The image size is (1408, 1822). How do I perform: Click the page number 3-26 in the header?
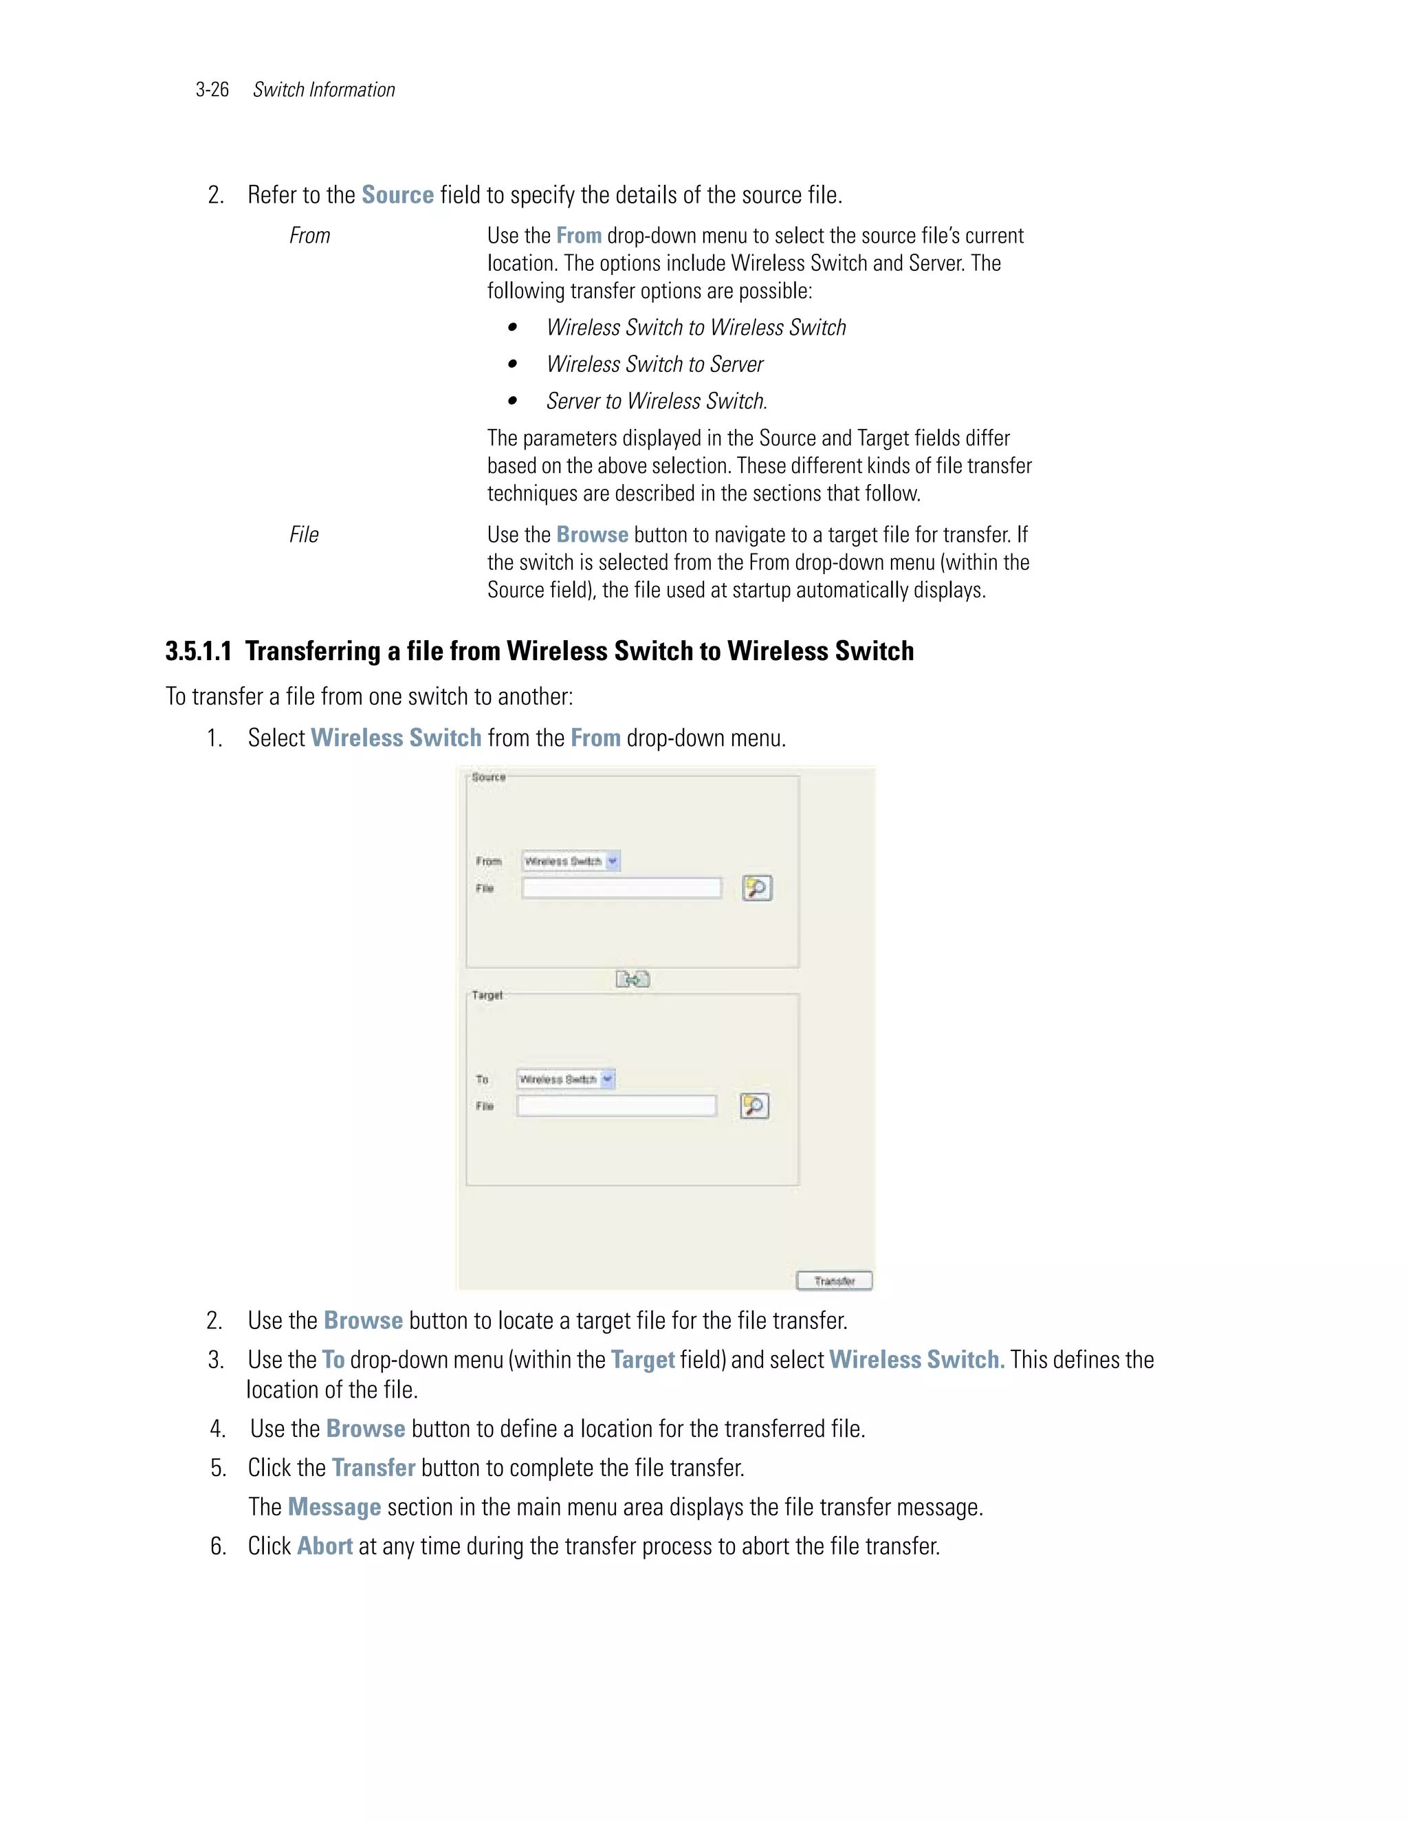tap(212, 90)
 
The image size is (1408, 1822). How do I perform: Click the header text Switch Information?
tap(324, 90)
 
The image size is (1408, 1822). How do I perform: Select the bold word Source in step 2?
tap(397, 195)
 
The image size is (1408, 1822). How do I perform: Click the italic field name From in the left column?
tap(309, 236)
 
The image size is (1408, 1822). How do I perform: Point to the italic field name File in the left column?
tap(304, 535)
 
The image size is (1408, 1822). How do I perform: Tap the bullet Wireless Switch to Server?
tap(654, 364)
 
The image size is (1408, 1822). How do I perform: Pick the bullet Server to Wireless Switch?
tap(656, 402)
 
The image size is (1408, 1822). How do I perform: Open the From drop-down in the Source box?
tap(571, 861)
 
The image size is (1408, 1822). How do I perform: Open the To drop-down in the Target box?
tap(566, 1079)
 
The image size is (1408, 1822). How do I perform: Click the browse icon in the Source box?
tap(756, 888)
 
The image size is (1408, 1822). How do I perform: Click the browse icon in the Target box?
tap(754, 1106)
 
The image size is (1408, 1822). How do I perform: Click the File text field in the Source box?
tap(621, 888)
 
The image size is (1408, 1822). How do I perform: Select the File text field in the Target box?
tap(617, 1106)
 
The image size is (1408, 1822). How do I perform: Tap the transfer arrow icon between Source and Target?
tap(632, 979)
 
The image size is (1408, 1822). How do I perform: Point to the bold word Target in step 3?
tap(642, 1360)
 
